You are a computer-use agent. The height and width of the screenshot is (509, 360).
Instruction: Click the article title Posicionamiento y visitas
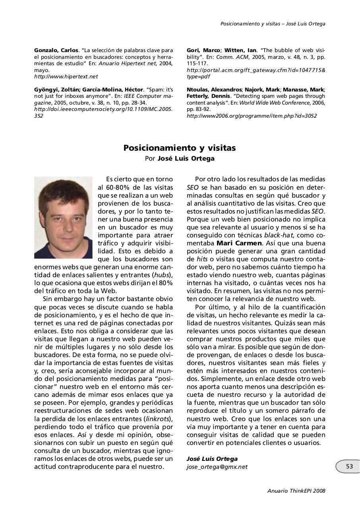(x=180, y=148)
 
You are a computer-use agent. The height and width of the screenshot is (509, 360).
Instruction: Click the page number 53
(x=349, y=466)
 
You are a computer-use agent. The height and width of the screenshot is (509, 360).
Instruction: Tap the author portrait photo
(x=64, y=218)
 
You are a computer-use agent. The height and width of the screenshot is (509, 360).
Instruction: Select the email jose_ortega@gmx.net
(x=217, y=467)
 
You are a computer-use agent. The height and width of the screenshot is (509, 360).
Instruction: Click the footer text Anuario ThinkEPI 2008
(x=296, y=491)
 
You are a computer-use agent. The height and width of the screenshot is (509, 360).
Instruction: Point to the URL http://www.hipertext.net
(x=66, y=76)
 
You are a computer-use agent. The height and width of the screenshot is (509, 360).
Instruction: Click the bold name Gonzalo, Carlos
(x=56, y=51)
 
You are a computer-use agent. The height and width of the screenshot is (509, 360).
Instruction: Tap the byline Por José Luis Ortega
(x=180, y=159)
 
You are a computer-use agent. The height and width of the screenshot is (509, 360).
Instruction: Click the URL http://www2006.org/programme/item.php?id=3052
(x=252, y=116)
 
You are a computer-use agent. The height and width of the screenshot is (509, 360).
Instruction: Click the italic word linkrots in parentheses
(x=156, y=419)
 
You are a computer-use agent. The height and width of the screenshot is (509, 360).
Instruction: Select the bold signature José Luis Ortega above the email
(x=212, y=459)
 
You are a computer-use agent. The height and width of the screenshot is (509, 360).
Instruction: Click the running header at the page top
(x=273, y=24)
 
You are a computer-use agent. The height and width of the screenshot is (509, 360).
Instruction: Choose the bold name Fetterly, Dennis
(x=208, y=96)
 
